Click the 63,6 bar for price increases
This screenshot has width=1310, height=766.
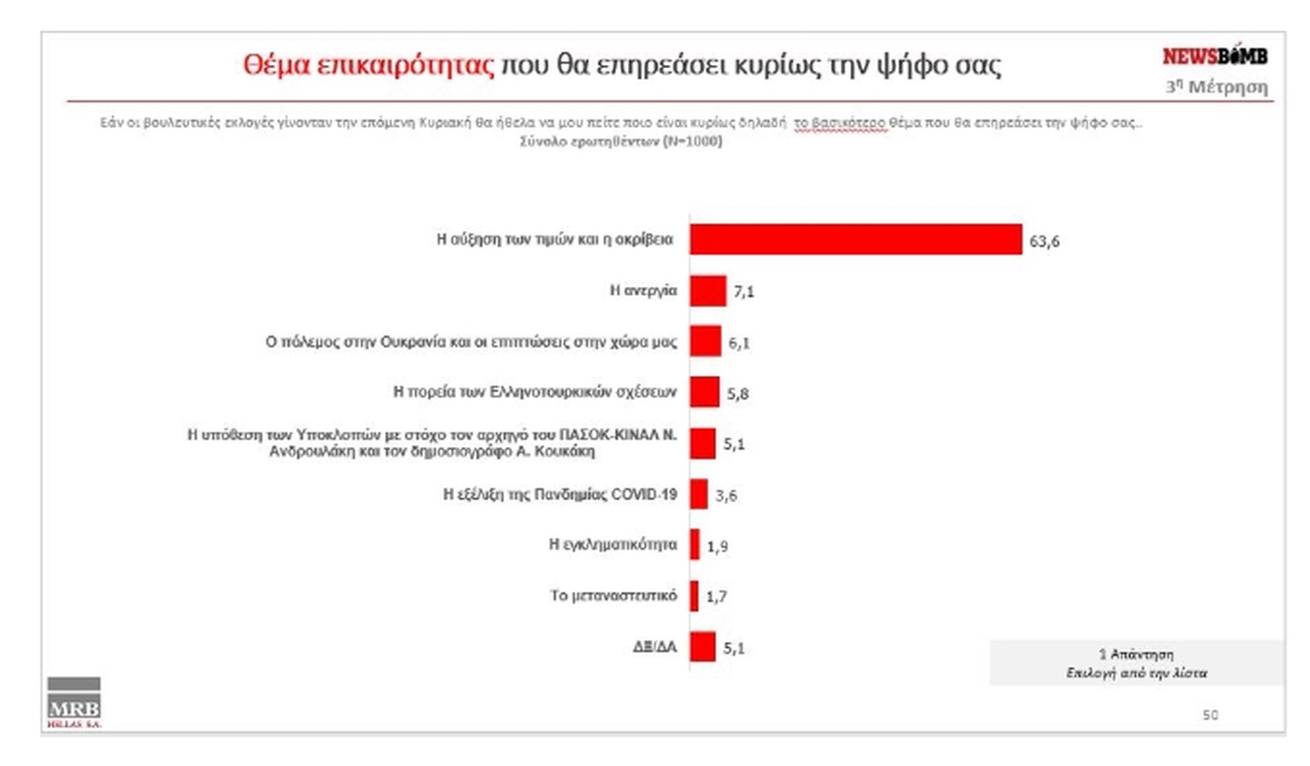[x=855, y=239]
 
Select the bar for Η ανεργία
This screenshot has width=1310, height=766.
[x=707, y=291]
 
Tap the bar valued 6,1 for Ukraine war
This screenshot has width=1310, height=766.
[x=705, y=341]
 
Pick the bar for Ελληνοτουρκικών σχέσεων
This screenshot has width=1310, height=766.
[x=704, y=392]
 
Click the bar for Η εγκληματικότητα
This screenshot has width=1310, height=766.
[x=694, y=545]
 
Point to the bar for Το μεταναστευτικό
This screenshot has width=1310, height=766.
[x=694, y=596]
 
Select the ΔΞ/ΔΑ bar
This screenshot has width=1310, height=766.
[x=702, y=647]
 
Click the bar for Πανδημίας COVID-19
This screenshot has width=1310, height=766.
[x=698, y=494]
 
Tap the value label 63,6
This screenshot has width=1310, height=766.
[x=1044, y=241]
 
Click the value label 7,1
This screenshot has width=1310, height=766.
[x=743, y=292]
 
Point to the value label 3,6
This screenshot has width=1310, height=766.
[x=726, y=495]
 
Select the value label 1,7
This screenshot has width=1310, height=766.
[x=716, y=596]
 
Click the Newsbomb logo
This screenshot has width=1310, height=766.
[x=1214, y=56]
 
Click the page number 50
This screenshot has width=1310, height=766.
[x=1210, y=715]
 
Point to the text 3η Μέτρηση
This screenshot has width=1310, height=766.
[x=1216, y=87]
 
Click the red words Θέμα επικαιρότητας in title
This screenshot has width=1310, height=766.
[x=369, y=65]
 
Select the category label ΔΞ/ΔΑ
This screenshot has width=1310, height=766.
[x=654, y=647]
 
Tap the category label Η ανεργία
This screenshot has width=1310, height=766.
[x=643, y=290]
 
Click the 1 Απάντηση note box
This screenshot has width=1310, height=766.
[x=1136, y=663]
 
